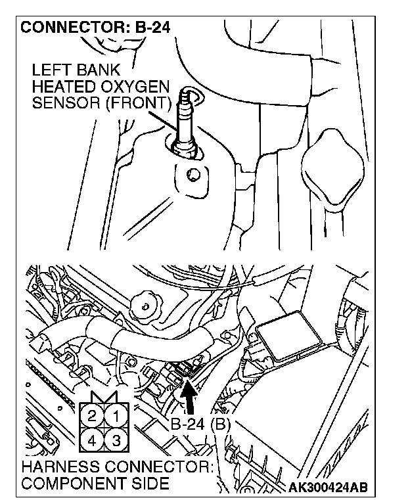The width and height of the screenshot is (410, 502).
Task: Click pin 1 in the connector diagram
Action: (x=116, y=416)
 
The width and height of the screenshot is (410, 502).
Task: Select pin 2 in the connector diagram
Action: (x=93, y=416)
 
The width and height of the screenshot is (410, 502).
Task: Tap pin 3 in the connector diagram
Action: (x=116, y=440)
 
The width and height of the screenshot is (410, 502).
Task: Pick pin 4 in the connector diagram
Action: (x=93, y=440)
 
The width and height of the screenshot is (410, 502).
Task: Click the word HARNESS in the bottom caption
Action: (x=57, y=468)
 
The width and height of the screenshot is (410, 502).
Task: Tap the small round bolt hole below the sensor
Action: (x=193, y=175)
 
